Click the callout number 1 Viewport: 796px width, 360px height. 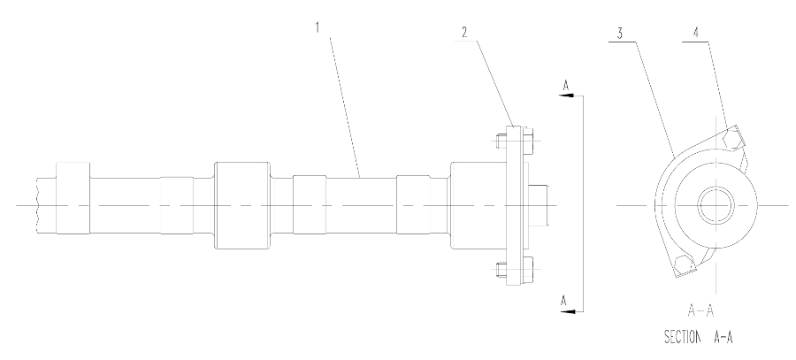(318, 27)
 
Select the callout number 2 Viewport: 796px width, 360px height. (464, 33)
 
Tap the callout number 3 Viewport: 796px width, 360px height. (619, 34)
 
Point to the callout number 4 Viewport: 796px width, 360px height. (695, 33)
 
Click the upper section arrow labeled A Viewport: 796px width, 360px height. (572, 95)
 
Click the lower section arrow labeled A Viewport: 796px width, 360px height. (572, 311)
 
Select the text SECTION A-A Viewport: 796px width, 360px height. (699, 337)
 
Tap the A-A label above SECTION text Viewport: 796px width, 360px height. (700, 310)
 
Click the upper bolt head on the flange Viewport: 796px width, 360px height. (528, 141)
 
